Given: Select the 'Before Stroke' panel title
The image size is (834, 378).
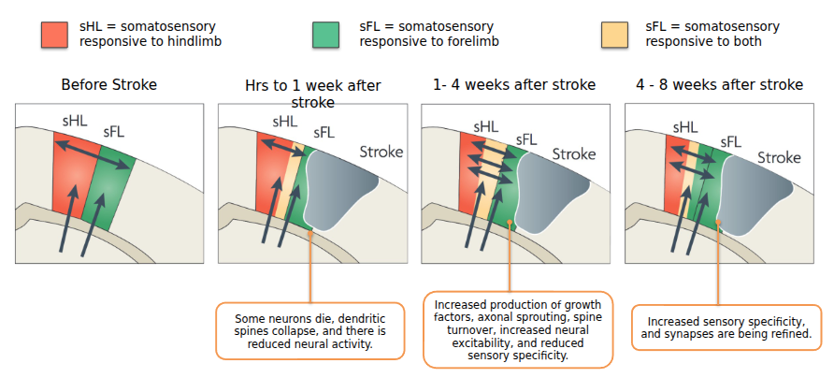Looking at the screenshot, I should point(108,85).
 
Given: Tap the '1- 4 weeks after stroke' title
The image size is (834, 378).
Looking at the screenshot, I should point(514,85).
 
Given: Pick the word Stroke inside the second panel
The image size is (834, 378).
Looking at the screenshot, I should point(381,152).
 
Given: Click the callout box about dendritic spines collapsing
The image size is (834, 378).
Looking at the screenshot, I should point(309,331).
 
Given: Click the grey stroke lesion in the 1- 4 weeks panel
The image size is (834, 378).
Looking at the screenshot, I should point(551,192).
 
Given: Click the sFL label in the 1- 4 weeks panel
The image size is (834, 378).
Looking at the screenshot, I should point(526,139).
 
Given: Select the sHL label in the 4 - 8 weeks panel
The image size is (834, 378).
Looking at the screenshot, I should point(683,126).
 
